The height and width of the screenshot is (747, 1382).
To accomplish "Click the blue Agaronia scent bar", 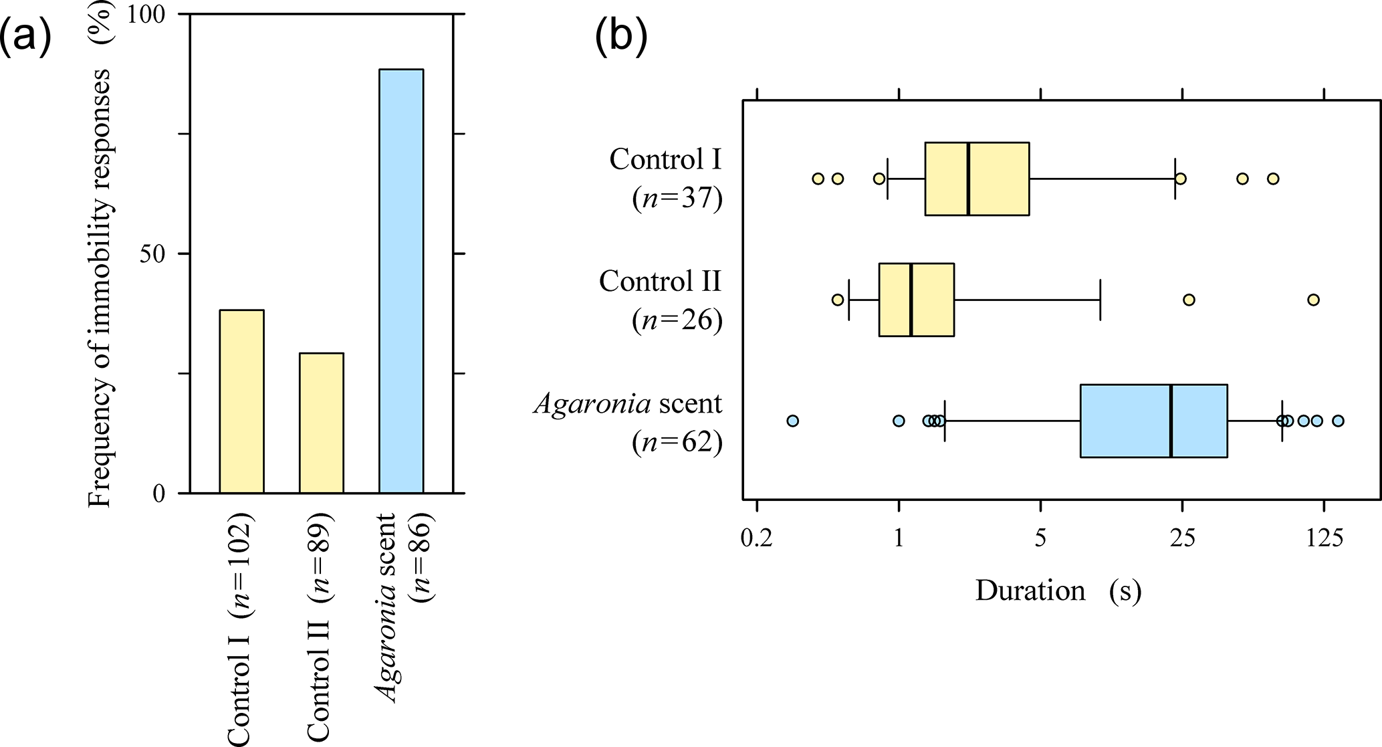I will [400, 281].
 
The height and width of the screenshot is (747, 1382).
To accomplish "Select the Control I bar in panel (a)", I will [241, 401].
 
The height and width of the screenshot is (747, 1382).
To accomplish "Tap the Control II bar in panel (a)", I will [321, 423].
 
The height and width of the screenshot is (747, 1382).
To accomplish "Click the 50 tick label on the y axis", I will [153, 254].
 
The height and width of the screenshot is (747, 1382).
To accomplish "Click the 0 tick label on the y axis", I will [159, 494].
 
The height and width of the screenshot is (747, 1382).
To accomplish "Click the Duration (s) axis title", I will [1058, 591].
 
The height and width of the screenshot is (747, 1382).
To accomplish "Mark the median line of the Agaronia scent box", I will [1171, 421].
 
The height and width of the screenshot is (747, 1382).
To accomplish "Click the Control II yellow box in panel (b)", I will [916, 300].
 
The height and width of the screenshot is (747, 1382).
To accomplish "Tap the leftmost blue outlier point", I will [792, 421].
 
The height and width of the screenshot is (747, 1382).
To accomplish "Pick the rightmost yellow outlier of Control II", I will [1313, 300].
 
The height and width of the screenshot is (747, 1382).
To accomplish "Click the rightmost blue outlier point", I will [1338, 421].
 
